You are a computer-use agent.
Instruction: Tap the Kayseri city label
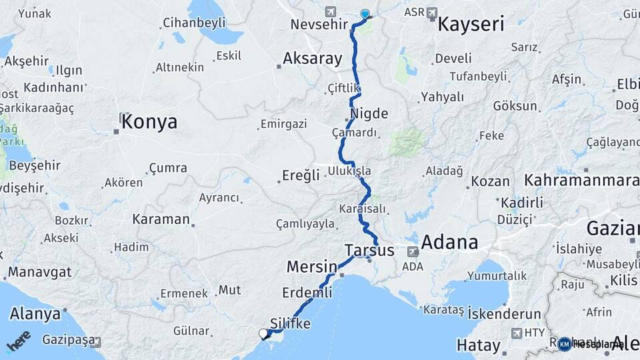coord(471,25)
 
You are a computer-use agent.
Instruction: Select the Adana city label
coord(449,241)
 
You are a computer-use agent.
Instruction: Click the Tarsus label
coord(369,251)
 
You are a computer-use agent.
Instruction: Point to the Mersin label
coord(311,267)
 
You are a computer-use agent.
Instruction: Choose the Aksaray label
coord(312,59)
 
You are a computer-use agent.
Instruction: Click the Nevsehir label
coord(320,25)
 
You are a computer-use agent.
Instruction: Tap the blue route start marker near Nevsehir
coord(365,14)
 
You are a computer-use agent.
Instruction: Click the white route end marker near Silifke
coord(263,333)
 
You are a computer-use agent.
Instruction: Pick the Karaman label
coord(161,219)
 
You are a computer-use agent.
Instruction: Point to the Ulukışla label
coord(349,171)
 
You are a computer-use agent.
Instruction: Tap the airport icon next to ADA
coord(413,252)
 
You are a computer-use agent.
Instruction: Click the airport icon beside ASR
coord(431,12)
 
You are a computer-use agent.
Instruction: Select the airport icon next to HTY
coord(516,332)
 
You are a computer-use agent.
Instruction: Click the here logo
coord(19,341)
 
